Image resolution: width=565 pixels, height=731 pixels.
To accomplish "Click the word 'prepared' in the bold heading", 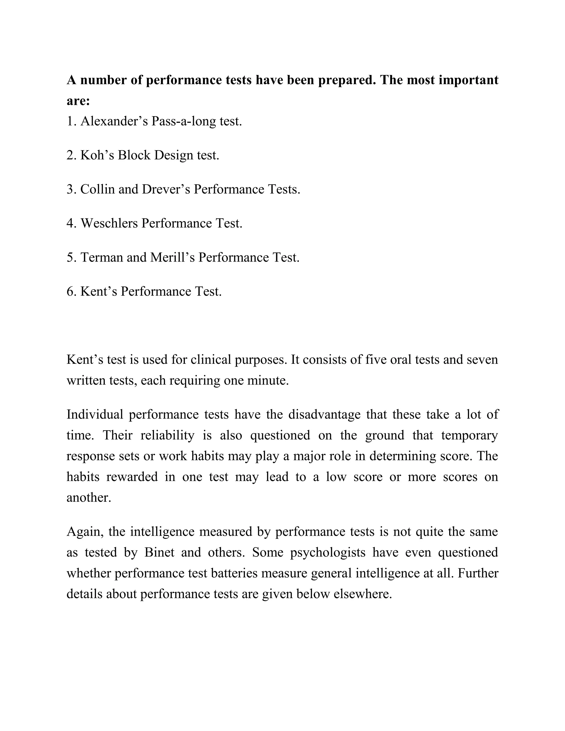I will (x=345, y=80).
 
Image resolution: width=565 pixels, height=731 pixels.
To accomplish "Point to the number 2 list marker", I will (x=71, y=155).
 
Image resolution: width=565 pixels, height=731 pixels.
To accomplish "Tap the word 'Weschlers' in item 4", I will (x=109, y=223).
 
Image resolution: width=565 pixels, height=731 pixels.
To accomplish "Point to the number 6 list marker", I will (x=71, y=292).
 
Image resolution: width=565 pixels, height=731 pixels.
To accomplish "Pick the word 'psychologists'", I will (x=328, y=553).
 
